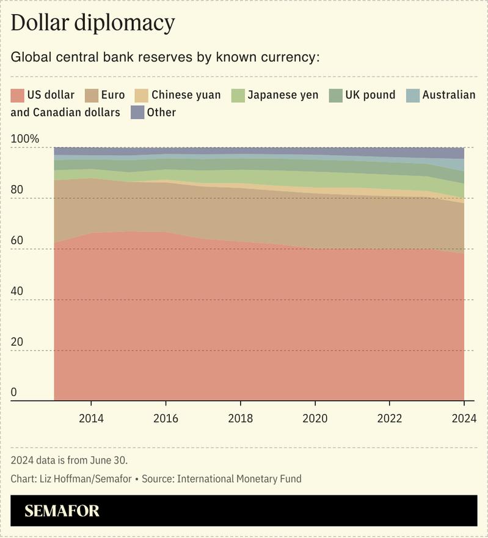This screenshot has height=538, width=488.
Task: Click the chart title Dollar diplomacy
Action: (x=93, y=23)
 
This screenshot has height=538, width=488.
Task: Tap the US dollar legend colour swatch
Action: (x=18, y=95)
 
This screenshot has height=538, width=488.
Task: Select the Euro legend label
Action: (x=113, y=95)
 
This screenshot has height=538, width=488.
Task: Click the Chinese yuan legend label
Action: (x=186, y=95)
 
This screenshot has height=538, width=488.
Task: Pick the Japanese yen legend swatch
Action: (x=238, y=95)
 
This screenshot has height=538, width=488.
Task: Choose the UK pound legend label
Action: (x=370, y=95)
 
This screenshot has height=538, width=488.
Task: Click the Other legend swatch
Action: (x=137, y=112)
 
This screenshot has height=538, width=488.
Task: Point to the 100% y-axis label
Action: (x=25, y=139)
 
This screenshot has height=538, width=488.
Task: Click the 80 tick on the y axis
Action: (x=18, y=190)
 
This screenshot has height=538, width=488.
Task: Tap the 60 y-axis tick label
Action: (x=18, y=241)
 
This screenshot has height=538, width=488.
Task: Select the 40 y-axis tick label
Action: (x=18, y=291)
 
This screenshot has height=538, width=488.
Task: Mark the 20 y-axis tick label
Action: (x=18, y=342)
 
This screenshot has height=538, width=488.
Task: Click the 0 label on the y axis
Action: (x=15, y=393)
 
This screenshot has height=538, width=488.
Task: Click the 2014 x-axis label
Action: (x=91, y=418)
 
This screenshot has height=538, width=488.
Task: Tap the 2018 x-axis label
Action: (x=240, y=418)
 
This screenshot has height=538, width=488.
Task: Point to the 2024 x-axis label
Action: (x=464, y=418)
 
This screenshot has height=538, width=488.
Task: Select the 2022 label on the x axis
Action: (x=390, y=418)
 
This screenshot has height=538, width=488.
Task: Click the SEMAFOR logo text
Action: (x=62, y=511)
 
